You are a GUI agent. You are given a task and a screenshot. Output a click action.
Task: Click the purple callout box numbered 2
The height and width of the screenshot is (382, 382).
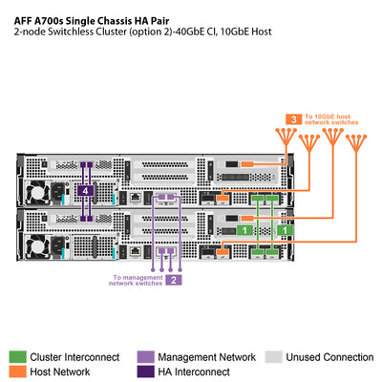(174, 280)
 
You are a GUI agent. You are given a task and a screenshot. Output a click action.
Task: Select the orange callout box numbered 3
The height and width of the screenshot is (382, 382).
(296, 119)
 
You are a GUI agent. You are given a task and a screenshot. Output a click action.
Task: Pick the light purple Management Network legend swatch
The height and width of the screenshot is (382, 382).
(146, 356)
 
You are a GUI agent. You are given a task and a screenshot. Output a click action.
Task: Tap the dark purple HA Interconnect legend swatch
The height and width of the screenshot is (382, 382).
(146, 371)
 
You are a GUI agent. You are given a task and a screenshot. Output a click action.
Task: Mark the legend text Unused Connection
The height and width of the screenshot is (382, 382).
(330, 357)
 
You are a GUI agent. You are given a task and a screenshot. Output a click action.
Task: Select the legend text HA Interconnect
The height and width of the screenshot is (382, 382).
(195, 371)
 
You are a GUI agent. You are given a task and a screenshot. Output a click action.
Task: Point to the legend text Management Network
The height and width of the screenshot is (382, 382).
(206, 357)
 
